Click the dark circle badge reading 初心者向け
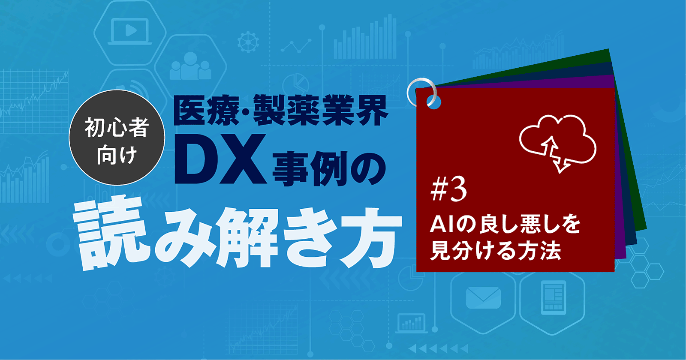coord(117,138)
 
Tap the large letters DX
coord(219,160)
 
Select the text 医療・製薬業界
coord(281,111)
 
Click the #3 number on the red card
coord(448,190)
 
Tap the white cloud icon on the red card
coord(557,137)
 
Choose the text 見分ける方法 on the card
coord(496,250)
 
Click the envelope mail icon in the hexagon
coord(483,297)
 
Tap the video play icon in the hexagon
coord(130,30)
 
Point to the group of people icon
coord(190,67)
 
